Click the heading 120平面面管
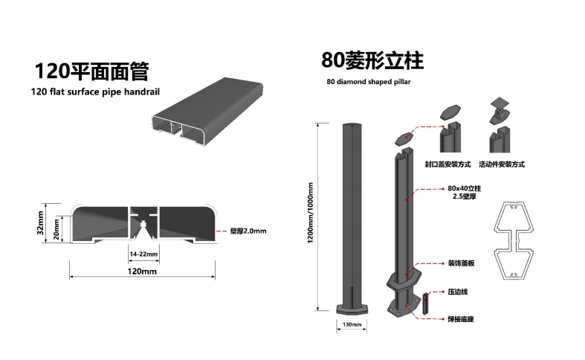pos(91,71)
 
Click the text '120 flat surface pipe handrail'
pos(95,92)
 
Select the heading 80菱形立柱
pos(372,60)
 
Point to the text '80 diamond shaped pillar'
pos(369,81)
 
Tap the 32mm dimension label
pos(40,223)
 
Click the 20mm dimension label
pos(56,229)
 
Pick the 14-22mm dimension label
pos(143,254)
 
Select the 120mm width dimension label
pos(142,271)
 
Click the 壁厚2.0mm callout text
pos(248,231)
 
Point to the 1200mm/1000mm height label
pos(311,213)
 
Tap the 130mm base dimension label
pos(352,324)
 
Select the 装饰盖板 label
pos(461,263)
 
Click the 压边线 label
pos(458,292)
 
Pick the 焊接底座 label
pos(461,319)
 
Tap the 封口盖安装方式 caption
pos(448,164)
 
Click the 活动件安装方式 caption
pos(502,164)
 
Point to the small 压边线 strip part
pos(426,303)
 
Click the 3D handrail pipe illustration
pos(207,111)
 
